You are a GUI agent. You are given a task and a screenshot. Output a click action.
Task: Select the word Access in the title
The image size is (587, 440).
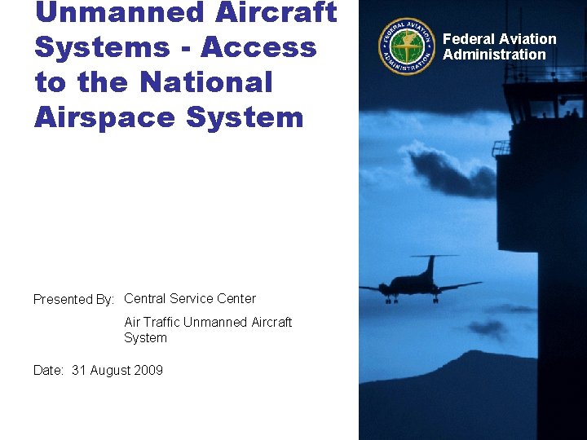coord(258,47)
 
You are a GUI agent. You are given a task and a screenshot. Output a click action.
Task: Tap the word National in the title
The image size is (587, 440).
coord(206,82)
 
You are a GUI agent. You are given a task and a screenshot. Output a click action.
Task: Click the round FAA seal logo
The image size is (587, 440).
coord(405,46)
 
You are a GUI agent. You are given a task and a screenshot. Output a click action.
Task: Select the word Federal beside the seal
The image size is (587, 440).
coord(469,39)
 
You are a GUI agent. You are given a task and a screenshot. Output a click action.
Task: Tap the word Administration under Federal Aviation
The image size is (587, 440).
coord(494,55)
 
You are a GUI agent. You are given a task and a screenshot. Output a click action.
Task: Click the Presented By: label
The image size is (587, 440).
coord(73,299)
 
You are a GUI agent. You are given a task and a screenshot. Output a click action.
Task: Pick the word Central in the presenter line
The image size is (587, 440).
coord(145,299)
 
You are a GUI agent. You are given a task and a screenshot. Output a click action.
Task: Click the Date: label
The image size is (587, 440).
coord(48,370)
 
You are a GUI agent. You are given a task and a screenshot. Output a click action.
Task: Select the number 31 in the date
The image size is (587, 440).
coord(79,370)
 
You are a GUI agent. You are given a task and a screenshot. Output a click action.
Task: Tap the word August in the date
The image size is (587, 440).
coord(109,370)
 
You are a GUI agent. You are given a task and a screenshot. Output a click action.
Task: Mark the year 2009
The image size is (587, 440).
coord(148,370)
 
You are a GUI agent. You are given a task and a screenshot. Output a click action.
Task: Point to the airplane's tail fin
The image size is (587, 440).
coord(429,266)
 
